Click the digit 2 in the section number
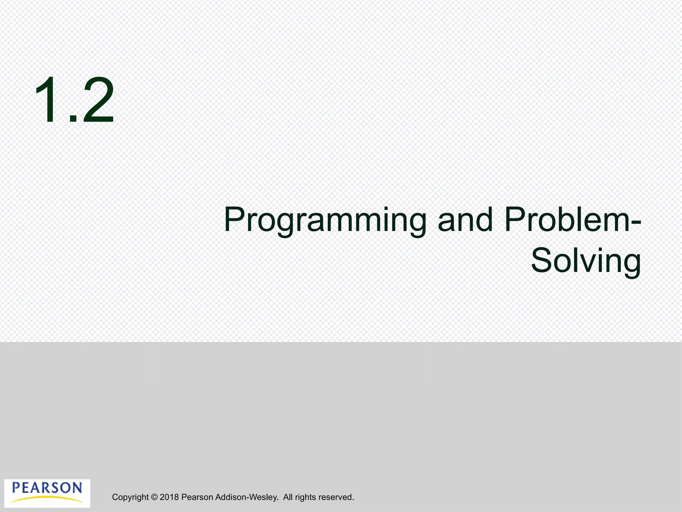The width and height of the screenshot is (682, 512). pyautogui.click(x=98, y=100)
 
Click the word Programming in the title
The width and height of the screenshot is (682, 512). pyautogui.click(x=325, y=221)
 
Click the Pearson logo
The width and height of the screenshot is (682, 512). pyautogui.click(x=47, y=493)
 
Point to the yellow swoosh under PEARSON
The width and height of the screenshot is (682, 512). pyautogui.click(x=47, y=499)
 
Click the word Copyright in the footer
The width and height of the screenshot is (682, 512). pyautogui.click(x=130, y=497)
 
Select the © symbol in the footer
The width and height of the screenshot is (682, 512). pyautogui.click(x=154, y=497)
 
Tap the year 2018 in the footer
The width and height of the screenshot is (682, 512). pyautogui.click(x=169, y=497)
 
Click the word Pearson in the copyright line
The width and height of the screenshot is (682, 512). pyautogui.click(x=197, y=497)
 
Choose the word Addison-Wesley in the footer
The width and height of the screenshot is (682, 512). pyautogui.click(x=247, y=497)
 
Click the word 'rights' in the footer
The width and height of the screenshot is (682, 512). pyautogui.click(x=305, y=497)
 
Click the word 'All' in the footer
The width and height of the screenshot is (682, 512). pyautogui.click(x=288, y=497)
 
